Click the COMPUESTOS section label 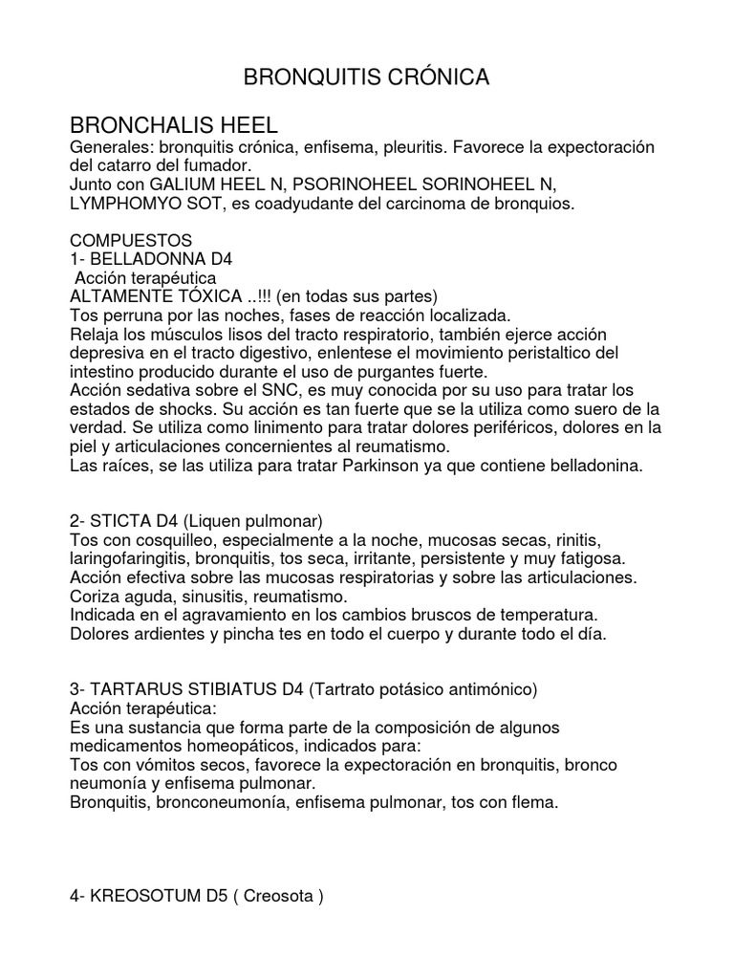(x=131, y=239)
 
